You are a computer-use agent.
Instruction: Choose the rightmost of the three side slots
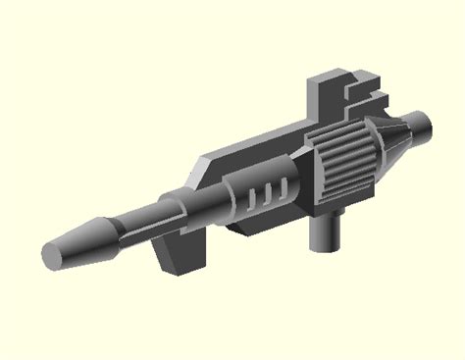click(284, 185)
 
